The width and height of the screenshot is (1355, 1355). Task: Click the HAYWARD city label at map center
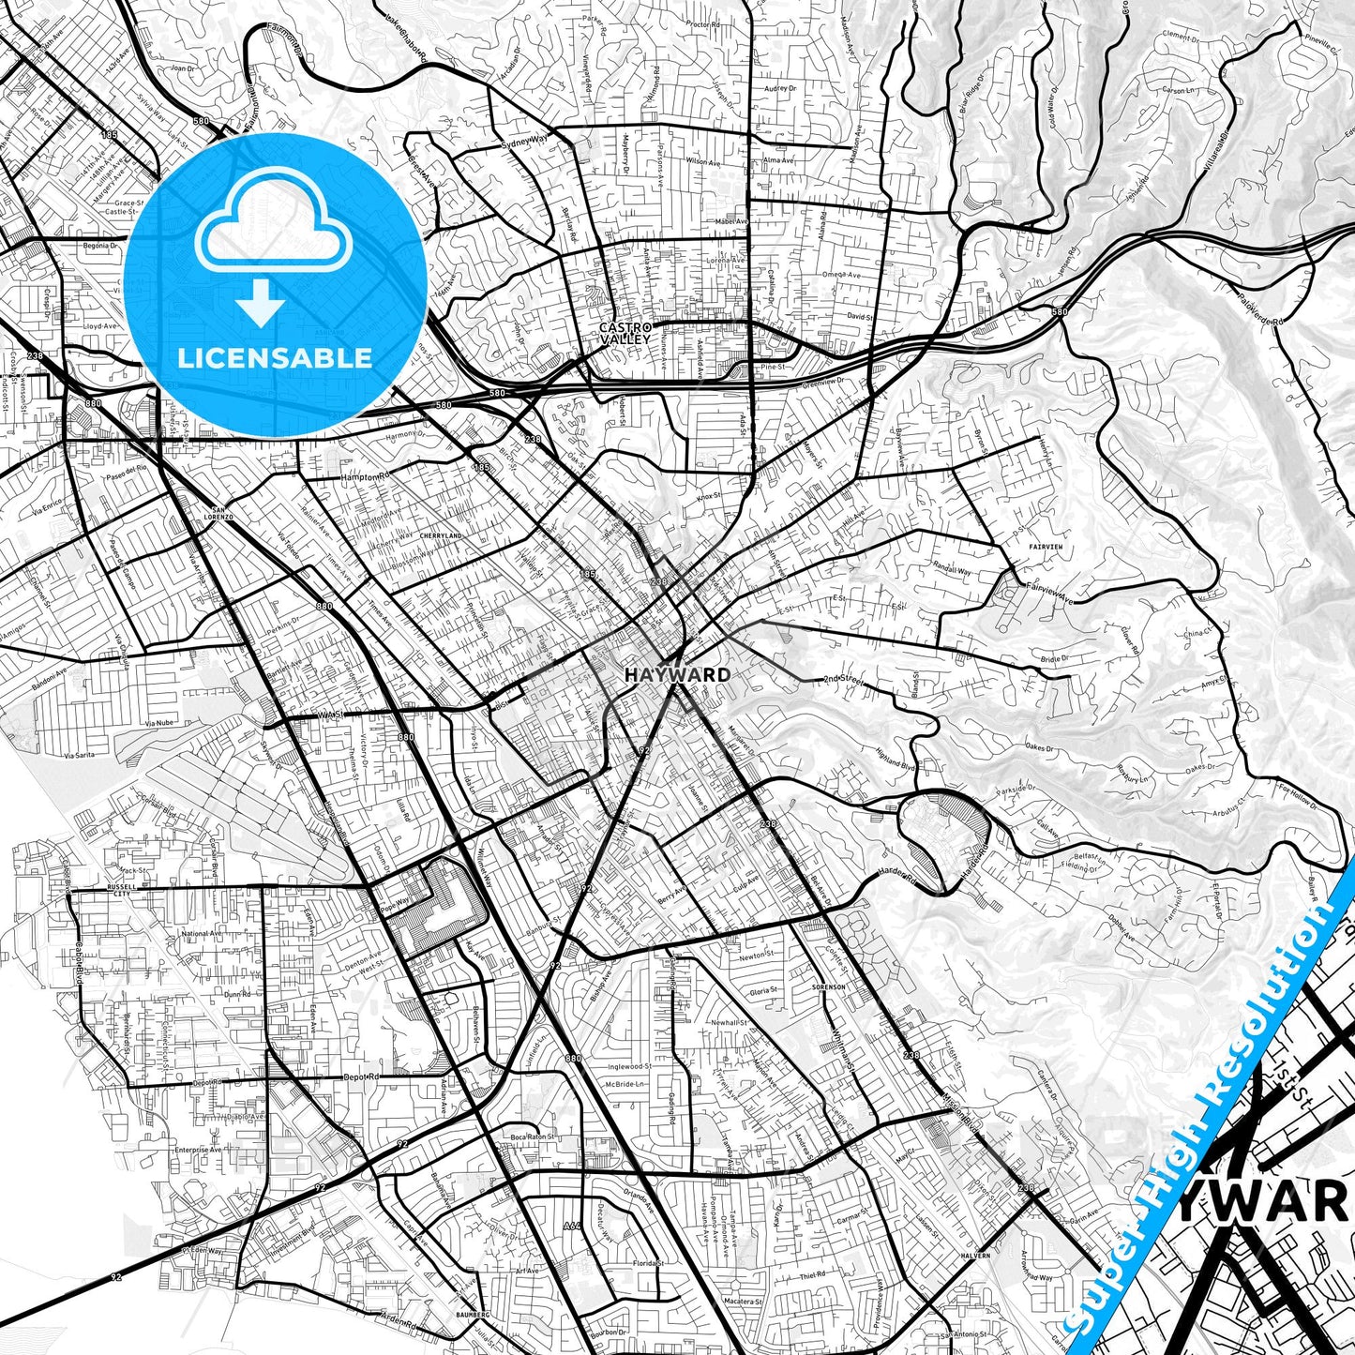[x=677, y=674]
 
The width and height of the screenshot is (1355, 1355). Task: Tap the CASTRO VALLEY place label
[x=625, y=332]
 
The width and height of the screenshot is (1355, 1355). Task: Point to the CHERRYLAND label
[x=441, y=535]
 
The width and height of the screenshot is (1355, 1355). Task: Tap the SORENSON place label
[x=829, y=987]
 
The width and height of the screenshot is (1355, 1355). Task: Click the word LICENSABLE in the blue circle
[x=275, y=358]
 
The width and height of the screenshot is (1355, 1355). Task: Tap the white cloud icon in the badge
[x=274, y=230]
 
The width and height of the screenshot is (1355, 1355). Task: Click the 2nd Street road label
[x=841, y=680]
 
